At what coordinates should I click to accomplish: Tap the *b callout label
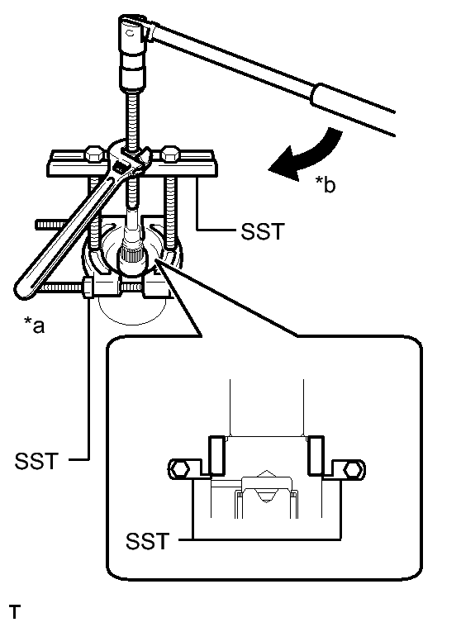point(324,187)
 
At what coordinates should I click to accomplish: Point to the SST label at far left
point(35,459)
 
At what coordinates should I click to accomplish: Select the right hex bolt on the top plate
point(171,153)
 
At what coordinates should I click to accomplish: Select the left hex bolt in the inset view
point(179,468)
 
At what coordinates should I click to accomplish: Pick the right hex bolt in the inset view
point(351,468)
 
